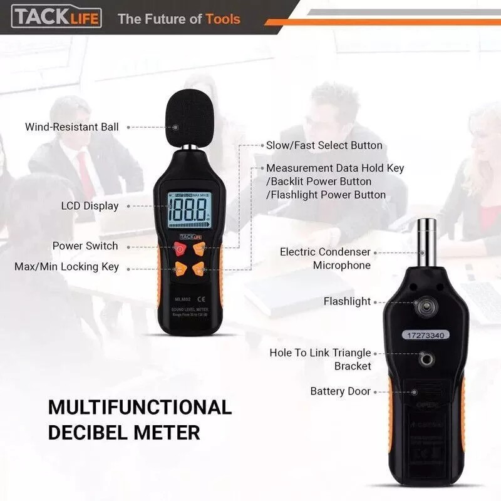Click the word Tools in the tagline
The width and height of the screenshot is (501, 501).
(x=223, y=19)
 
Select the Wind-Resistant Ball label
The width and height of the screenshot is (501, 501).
(x=71, y=127)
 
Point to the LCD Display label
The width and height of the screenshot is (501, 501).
(x=90, y=205)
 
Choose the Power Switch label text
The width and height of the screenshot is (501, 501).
(x=85, y=246)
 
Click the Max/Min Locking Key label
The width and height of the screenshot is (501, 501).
(x=66, y=267)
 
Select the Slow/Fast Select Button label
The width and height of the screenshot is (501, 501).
(x=324, y=145)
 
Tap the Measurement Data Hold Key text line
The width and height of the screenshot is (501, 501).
(x=335, y=168)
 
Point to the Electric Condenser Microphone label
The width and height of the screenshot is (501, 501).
(x=325, y=259)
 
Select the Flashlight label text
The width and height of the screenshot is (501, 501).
(x=347, y=302)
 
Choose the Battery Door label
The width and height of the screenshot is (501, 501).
(x=340, y=391)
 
